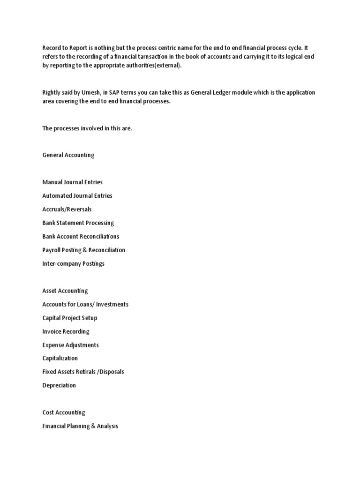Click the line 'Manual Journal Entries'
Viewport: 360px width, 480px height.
pyautogui.click(x=72, y=182)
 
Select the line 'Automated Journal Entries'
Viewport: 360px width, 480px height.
pyautogui.click(x=77, y=195)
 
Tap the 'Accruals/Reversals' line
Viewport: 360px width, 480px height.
pyautogui.click(x=67, y=209)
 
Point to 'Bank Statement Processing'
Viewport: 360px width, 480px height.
pyautogui.click(x=78, y=223)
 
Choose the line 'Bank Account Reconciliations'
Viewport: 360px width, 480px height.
pyautogui.click(x=81, y=236)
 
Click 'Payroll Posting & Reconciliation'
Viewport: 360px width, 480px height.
pyautogui.click(x=83, y=250)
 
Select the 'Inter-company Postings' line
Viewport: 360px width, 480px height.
pyautogui.click(x=73, y=263)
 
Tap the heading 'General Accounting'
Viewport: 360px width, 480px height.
pyautogui.click(x=68, y=155)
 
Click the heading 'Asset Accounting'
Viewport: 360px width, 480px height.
pyautogui.click(x=65, y=291)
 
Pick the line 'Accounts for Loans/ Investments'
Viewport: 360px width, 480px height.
pyautogui.click(x=85, y=304)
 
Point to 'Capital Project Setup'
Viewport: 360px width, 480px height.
pyautogui.click(x=70, y=318)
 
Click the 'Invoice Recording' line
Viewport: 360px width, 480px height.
pyautogui.click(x=66, y=331)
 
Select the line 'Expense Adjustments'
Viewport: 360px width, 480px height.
pyautogui.click(x=70, y=345)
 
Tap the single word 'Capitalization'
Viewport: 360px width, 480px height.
pyautogui.click(x=60, y=358)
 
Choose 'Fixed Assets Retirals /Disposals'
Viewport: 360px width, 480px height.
pyautogui.click(x=83, y=372)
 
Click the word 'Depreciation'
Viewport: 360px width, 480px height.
pyautogui.click(x=59, y=385)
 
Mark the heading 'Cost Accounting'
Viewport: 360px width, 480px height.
pyautogui.click(x=64, y=412)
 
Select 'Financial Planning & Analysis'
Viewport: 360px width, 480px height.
pyautogui.click(x=80, y=426)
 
